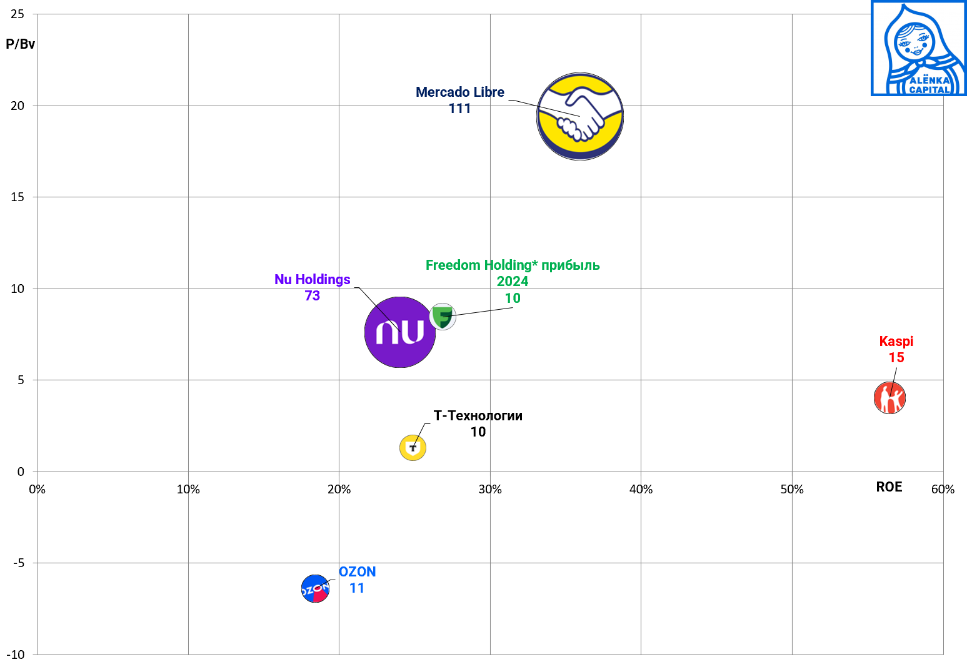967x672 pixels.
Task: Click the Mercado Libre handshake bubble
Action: click(580, 117)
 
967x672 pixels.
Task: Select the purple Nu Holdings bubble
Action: click(399, 332)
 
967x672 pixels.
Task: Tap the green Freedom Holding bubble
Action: click(443, 316)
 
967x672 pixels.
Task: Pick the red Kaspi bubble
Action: click(889, 398)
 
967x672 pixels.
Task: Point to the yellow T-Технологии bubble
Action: click(413, 448)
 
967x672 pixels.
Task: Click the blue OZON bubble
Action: click(315, 588)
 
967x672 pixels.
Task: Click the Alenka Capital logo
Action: click(918, 49)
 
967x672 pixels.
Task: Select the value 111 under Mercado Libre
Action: click(459, 109)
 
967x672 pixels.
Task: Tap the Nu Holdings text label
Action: click(313, 280)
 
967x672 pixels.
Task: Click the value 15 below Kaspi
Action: click(896, 358)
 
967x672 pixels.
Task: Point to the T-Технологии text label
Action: click(478, 416)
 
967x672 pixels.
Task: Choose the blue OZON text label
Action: click(358, 572)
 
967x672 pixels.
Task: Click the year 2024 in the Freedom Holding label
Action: click(513, 282)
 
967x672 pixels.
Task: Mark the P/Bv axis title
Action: click(21, 44)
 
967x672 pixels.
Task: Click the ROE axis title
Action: click(889, 487)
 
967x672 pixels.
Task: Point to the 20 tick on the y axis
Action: click(18, 106)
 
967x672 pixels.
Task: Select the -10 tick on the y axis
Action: click(16, 655)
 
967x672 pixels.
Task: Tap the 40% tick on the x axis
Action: click(641, 490)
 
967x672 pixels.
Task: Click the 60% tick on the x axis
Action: click(943, 490)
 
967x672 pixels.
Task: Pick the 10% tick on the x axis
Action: click(188, 490)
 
